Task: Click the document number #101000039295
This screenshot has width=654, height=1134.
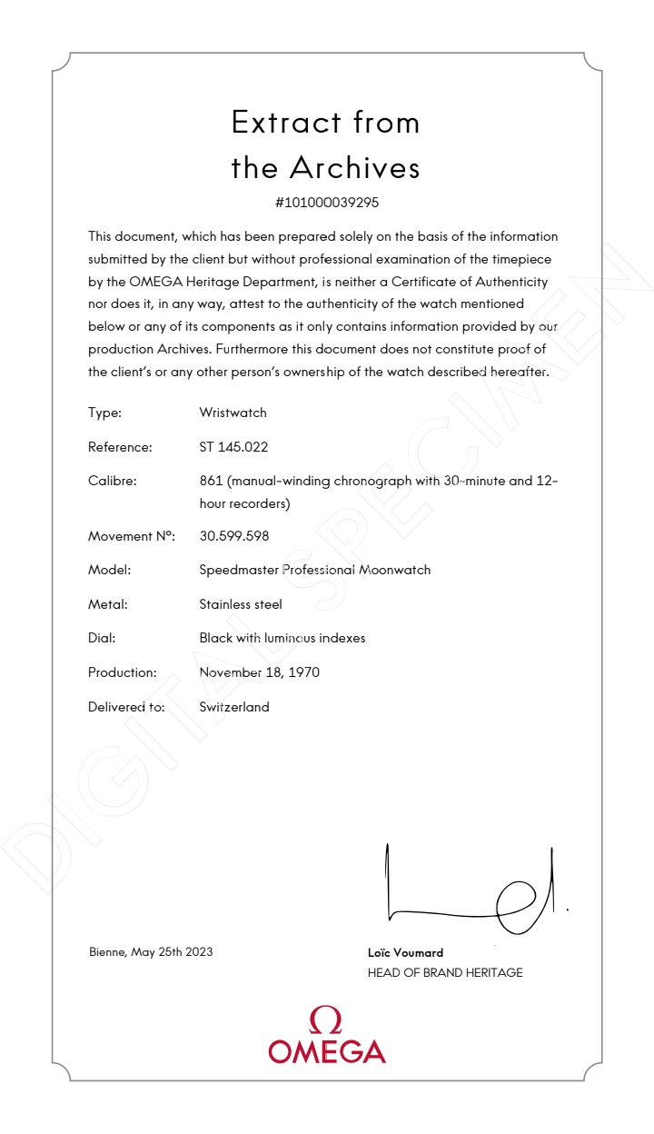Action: (326, 203)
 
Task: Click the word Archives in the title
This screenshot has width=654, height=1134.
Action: (355, 168)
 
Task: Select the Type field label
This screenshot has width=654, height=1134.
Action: (104, 413)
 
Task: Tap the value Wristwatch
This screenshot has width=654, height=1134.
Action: (233, 413)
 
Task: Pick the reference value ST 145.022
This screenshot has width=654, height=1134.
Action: (233, 447)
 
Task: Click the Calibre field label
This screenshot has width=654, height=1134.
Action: (112, 481)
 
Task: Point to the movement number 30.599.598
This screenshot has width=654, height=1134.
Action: (233, 536)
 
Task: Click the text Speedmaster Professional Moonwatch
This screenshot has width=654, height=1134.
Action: (314, 571)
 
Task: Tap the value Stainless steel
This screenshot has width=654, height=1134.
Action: (241, 604)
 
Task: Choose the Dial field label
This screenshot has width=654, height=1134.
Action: (102, 638)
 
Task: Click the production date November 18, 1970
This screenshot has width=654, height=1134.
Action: (259, 672)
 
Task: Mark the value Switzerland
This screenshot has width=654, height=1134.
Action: (234, 707)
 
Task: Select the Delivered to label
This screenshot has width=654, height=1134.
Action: (126, 707)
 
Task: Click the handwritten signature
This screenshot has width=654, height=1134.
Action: (472, 890)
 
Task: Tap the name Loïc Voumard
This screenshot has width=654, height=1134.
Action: (405, 953)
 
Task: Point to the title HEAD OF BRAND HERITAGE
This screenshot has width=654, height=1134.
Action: (445, 973)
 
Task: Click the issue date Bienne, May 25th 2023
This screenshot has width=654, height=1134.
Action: (151, 952)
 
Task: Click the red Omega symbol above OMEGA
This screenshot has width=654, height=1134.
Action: (326, 1020)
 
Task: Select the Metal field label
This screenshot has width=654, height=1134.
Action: (107, 604)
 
